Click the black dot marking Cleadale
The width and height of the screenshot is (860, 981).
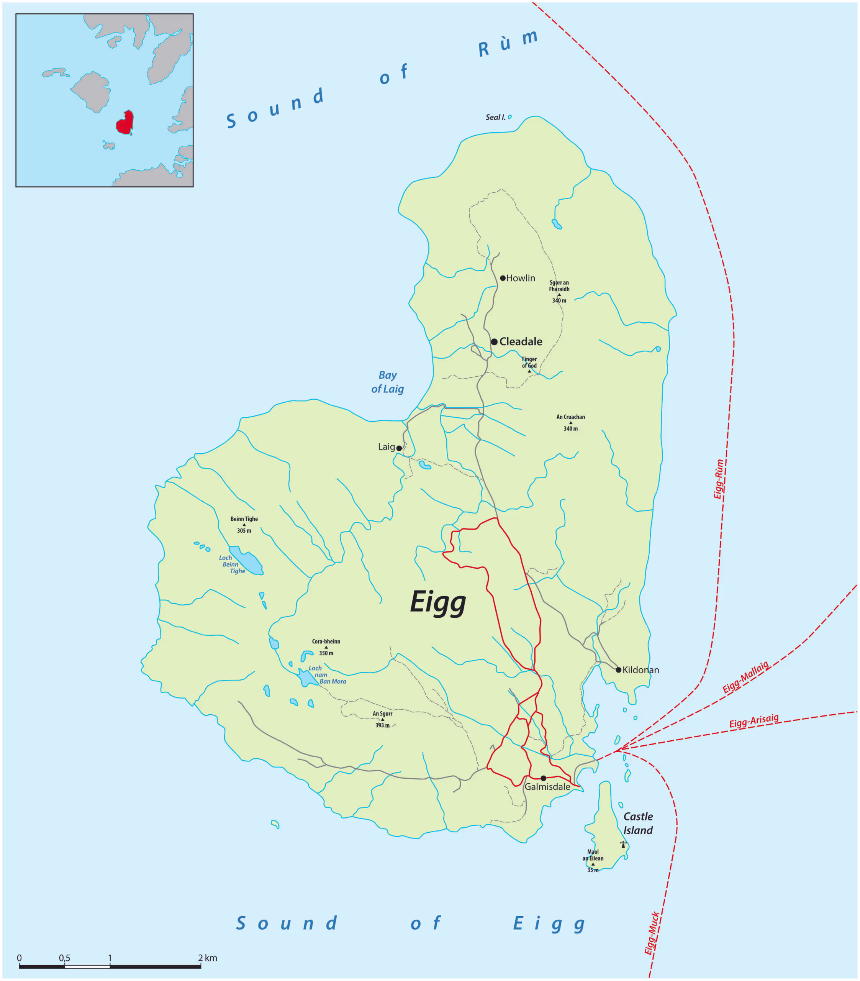(494, 342)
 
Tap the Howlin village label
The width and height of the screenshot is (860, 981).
(520, 278)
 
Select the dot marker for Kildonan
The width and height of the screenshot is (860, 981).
(618, 669)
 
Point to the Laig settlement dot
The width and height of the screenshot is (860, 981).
(399, 448)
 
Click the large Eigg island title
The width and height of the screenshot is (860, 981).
(438, 602)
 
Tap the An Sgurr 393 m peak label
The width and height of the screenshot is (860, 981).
(382, 719)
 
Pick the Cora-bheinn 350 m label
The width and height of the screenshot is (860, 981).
(326, 647)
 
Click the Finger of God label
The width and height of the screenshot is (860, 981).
(529, 363)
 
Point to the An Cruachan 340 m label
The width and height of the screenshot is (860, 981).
(571, 422)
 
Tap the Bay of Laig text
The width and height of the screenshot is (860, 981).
(387, 382)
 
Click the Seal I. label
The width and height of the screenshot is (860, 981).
(495, 117)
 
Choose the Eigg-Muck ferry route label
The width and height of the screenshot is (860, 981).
(651, 933)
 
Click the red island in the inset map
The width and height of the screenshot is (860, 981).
(125, 123)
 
